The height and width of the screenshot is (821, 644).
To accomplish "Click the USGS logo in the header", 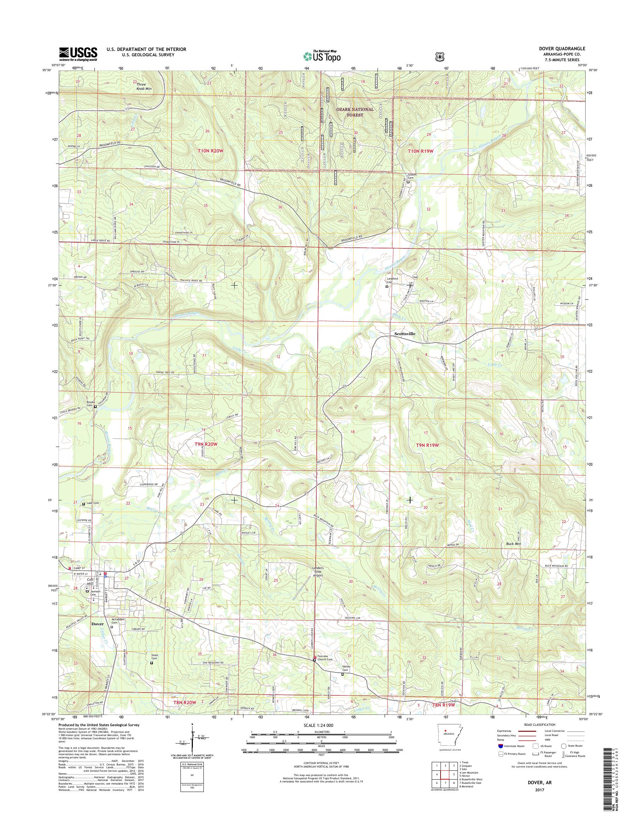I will tap(78, 54).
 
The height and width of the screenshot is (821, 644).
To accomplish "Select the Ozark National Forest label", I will tap(356, 112).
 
